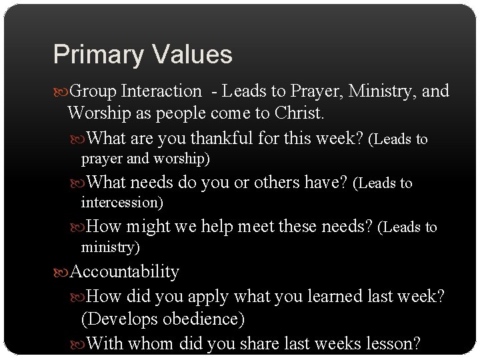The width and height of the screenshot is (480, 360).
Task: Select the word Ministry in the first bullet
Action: pos(377,91)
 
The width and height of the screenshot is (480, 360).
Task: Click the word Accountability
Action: pos(125,271)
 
